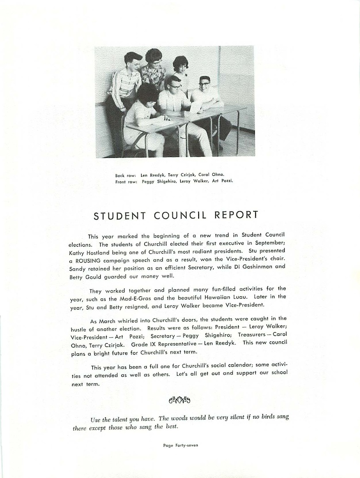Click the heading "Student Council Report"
click(x=176, y=215)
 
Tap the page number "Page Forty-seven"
click(x=180, y=445)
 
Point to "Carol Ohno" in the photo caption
click(x=211, y=175)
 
